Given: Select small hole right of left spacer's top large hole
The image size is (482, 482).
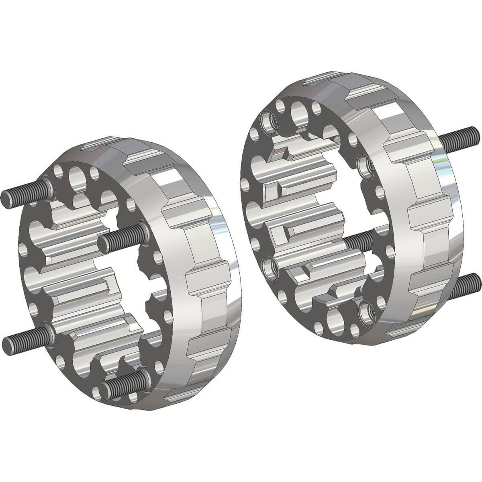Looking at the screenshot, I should [94, 173].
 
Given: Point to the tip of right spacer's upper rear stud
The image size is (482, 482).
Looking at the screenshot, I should [476, 132].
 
